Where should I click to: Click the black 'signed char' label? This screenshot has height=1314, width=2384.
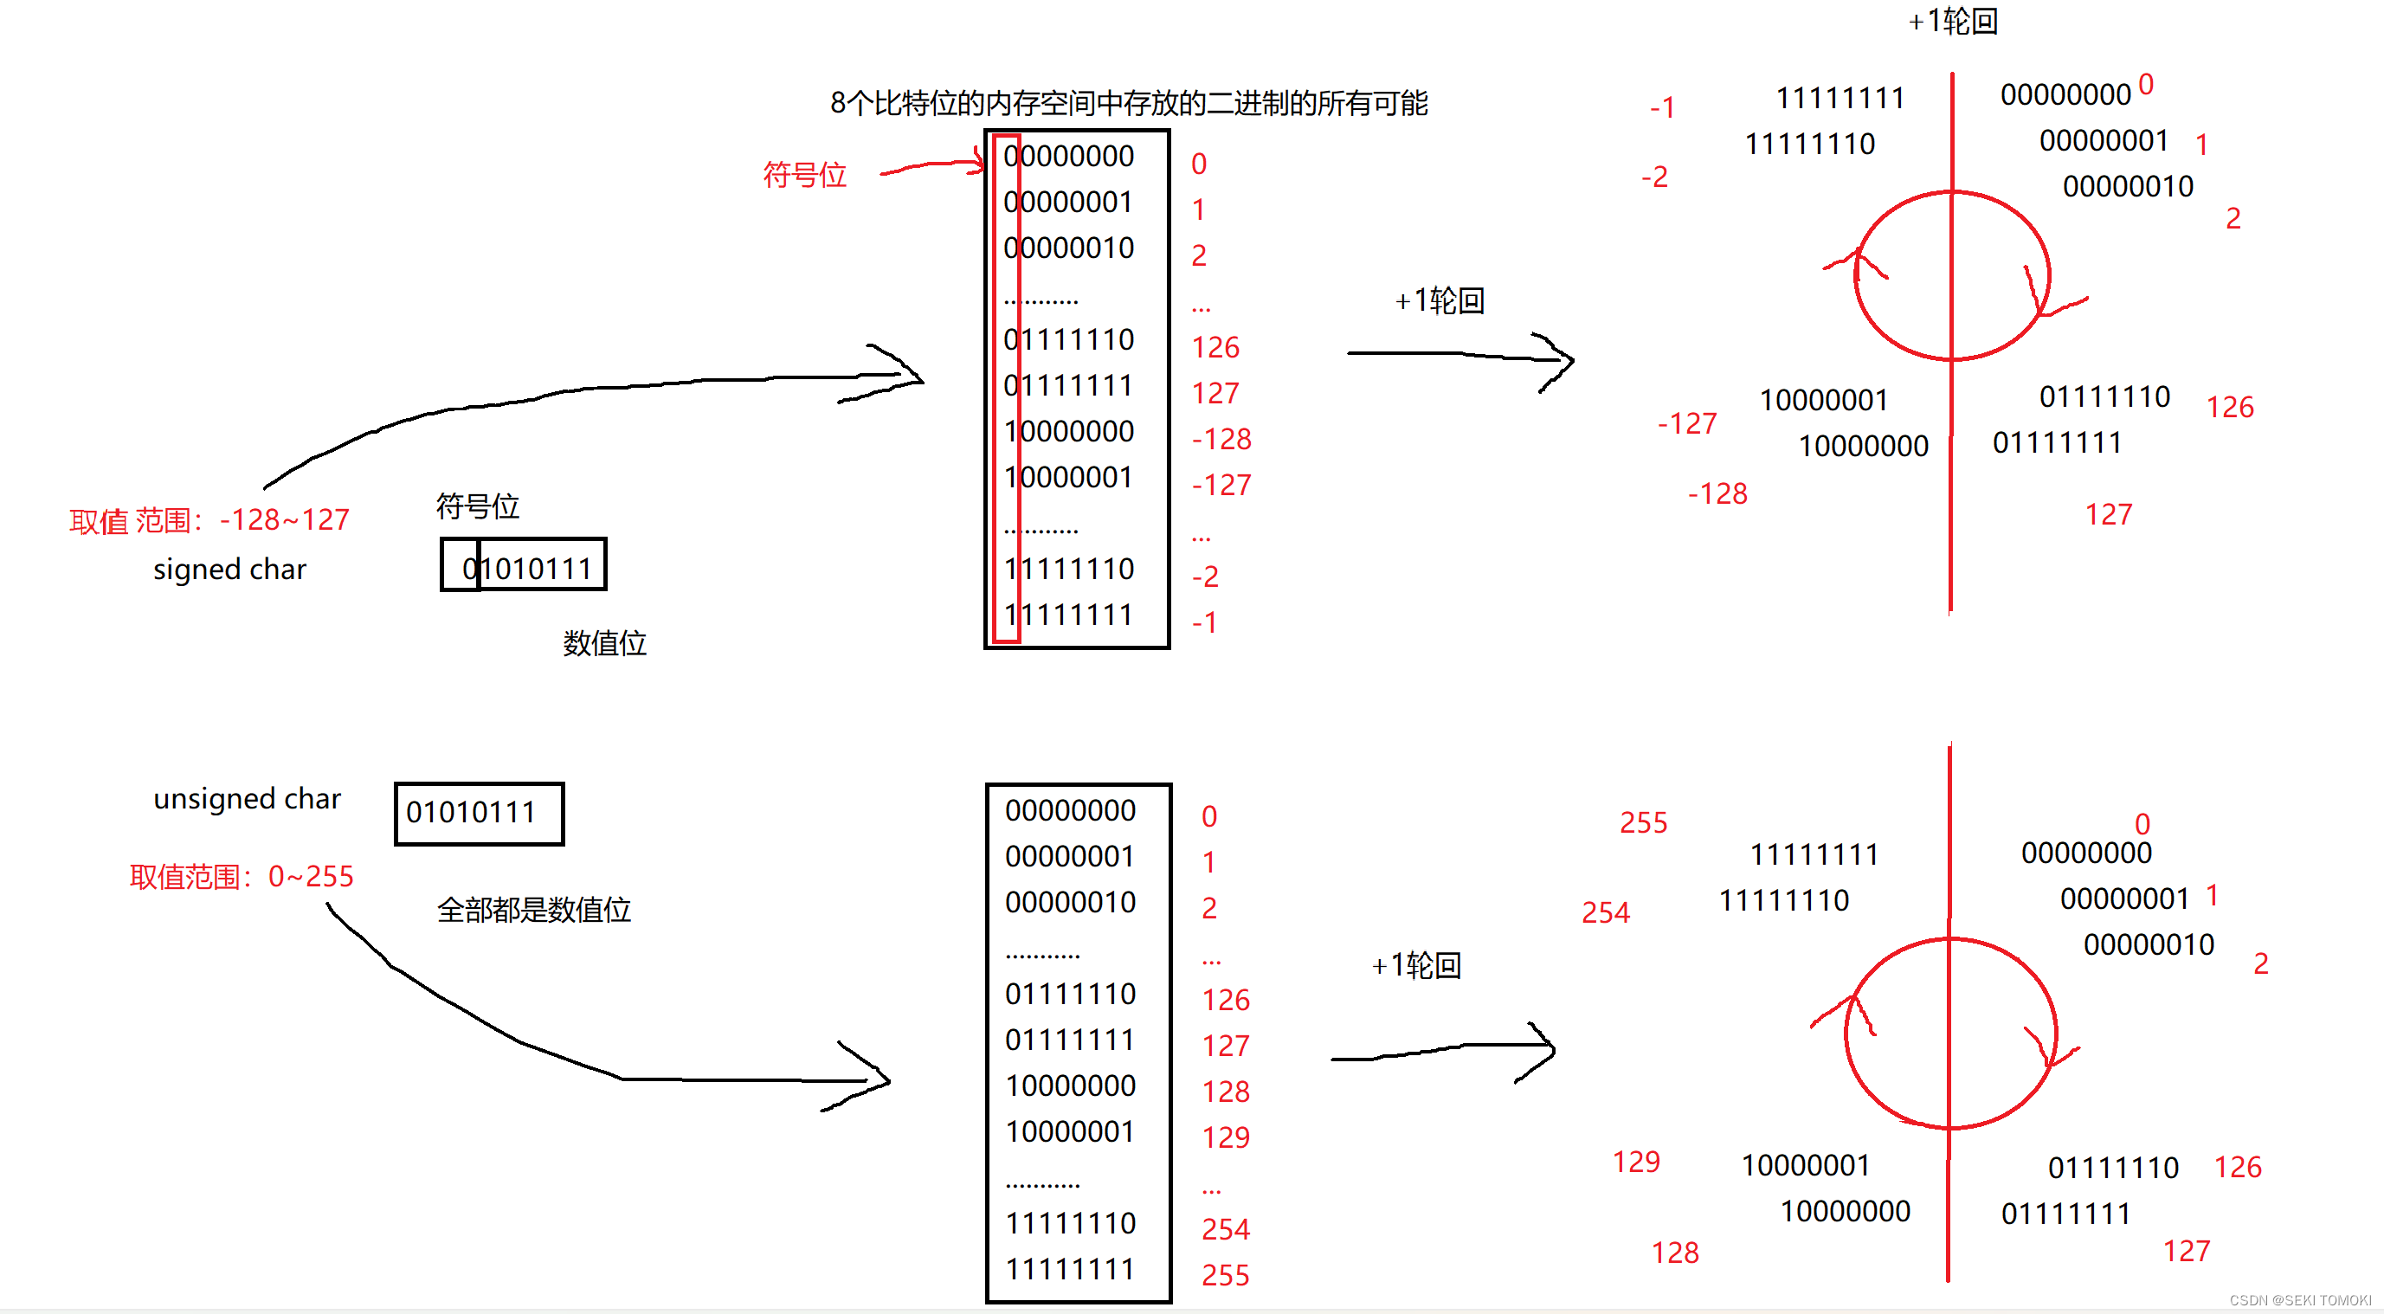pyautogui.click(x=229, y=568)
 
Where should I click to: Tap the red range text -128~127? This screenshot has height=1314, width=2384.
pyautogui.click(x=209, y=520)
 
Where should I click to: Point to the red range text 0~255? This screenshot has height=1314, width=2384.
pyautogui.click(x=242, y=875)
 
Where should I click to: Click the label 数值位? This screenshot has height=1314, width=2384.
pyautogui.click(x=604, y=642)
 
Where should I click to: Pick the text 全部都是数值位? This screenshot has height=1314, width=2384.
pyautogui.click(x=534, y=909)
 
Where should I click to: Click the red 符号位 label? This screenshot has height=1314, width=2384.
pyautogui.click(x=804, y=174)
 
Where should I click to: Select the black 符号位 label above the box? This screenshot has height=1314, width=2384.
pyautogui.click(x=478, y=506)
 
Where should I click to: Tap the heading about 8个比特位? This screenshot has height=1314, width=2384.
pyautogui.click(x=1128, y=103)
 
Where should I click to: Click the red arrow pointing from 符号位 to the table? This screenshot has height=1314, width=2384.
pyautogui.click(x=933, y=166)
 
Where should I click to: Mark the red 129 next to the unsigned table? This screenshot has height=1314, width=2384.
pyautogui.click(x=1225, y=1137)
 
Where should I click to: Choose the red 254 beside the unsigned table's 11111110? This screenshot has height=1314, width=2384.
pyautogui.click(x=1225, y=1229)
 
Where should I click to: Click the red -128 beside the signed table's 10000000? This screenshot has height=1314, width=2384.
pyautogui.click(x=1221, y=439)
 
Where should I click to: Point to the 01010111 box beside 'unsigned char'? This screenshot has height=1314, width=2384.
pyautogui.click(x=479, y=814)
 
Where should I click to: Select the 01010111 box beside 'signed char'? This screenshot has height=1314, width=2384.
pyautogui.click(x=524, y=564)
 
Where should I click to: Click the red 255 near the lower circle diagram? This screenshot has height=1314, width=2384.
pyautogui.click(x=1643, y=822)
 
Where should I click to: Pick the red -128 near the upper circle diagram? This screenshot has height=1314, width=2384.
pyautogui.click(x=1717, y=493)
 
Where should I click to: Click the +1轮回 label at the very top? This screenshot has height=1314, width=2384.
pyautogui.click(x=1953, y=22)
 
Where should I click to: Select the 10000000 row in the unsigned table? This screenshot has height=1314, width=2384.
pyautogui.click(x=1070, y=1085)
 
